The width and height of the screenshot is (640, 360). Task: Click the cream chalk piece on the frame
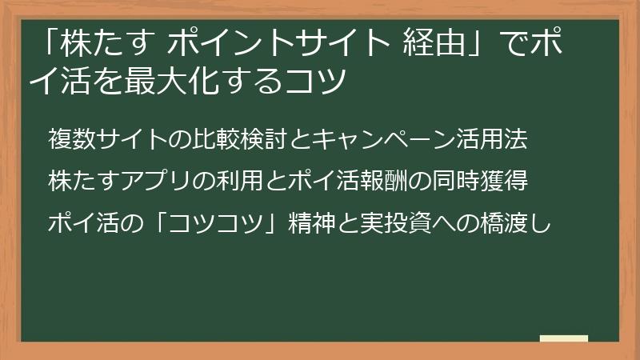click(x=563, y=338)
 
